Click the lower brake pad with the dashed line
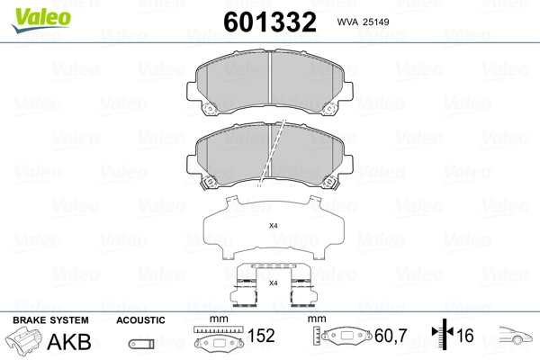(270, 154)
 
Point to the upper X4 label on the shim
(274, 226)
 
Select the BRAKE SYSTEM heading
(49, 319)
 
